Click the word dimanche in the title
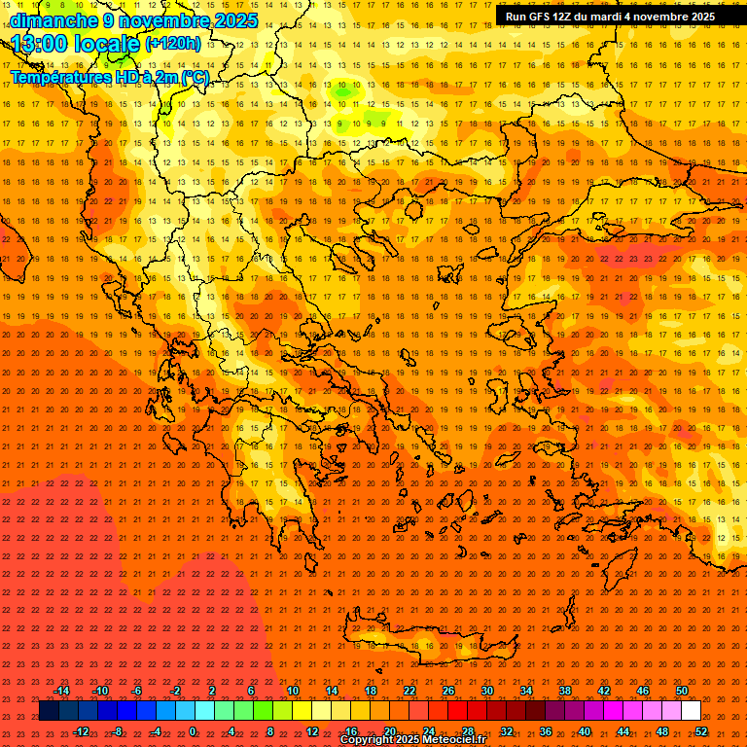tap(47, 20)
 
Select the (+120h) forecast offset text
tap(173, 43)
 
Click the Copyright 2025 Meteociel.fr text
tap(412, 740)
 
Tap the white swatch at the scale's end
tap(691, 711)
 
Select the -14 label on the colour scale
tap(61, 691)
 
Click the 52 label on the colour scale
tap(701, 731)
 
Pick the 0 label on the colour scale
tap(193, 731)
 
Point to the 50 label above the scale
tap(682, 691)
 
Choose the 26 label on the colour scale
tap(448, 691)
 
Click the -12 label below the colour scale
tap(81, 731)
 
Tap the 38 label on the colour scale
tap(565, 691)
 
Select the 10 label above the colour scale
tap(293, 691)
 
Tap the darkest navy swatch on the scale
tap(49, 711)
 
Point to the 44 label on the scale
tap(623, 731)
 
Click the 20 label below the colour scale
tap(390, 731)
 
